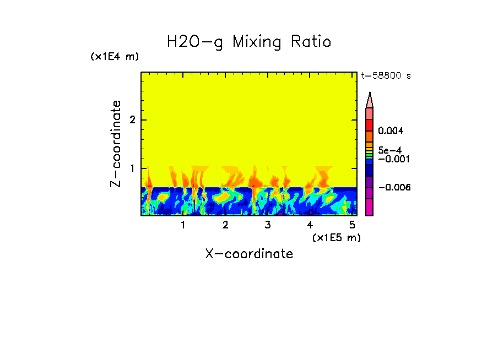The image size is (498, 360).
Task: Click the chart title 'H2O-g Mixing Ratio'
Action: point(249,42)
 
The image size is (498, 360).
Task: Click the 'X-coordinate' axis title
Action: point(249,254)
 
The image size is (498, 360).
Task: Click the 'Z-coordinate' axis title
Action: point(116,144)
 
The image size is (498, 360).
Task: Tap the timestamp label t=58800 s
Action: point(386,76)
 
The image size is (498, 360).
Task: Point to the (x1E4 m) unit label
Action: point(115,57)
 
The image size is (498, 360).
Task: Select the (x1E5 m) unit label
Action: point(336,237)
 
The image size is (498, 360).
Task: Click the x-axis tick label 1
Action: point(183,225)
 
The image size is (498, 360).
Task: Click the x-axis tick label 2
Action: point(225,225)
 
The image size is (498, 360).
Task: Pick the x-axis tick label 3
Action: point(268,225)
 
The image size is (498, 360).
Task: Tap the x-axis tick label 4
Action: point(310,225)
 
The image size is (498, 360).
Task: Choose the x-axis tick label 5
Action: point(352,225)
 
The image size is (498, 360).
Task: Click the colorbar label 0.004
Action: point(391,131)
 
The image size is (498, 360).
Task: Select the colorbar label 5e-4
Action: point(389,150)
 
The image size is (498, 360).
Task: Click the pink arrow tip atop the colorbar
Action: point(370,100)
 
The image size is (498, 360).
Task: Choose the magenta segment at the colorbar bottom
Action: point(370,208)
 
